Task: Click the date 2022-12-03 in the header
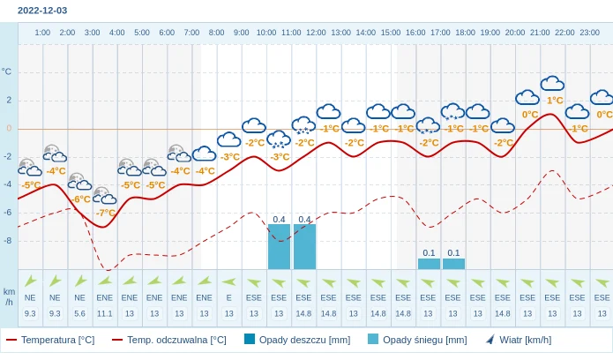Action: (42, 11)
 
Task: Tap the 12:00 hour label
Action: (316, 33)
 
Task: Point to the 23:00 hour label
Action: (589, 33)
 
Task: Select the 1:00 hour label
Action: (42, 33)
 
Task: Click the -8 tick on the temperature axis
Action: (8, 240)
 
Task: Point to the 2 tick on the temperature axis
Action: (9, 100)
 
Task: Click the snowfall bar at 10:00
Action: (279, 246)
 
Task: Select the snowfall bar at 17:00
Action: (453, 264)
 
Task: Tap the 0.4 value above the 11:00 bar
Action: (304, 219)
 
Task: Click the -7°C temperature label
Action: (106, 213)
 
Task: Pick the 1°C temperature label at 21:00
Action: (554, 101)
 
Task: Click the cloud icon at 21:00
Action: (552, 84)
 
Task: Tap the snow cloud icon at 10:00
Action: (279, 139)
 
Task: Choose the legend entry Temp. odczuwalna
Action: (169, 340)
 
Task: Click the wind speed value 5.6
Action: (79, 313)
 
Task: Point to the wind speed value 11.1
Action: (104, 313)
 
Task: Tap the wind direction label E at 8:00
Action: (228, 297)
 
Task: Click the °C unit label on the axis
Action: (7, 71)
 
